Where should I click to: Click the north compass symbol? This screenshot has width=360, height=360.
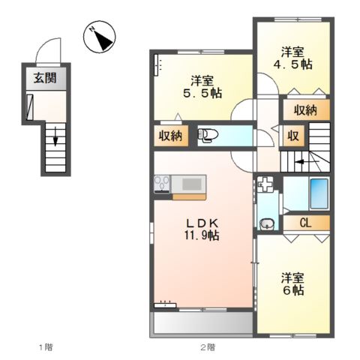tap(100, 38)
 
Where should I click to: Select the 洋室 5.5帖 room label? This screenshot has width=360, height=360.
tap(200, 88)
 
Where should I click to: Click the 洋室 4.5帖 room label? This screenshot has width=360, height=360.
tap(292, 58)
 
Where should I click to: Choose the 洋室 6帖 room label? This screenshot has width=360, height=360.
tap(292, 283)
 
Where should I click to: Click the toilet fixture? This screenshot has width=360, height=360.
tap(206, 136)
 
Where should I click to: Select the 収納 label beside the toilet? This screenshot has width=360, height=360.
tap(169, 136)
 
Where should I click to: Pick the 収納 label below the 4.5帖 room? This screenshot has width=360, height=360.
tap(304, 110)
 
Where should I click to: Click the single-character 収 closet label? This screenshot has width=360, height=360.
tap(294, 136)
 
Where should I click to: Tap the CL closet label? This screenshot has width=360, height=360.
tap(305, 222)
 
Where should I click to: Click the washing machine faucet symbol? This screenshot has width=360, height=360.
tap(266, 182)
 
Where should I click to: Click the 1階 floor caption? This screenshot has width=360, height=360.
tap(46, 347)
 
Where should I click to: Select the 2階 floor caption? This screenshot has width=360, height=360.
tap(206, 347)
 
